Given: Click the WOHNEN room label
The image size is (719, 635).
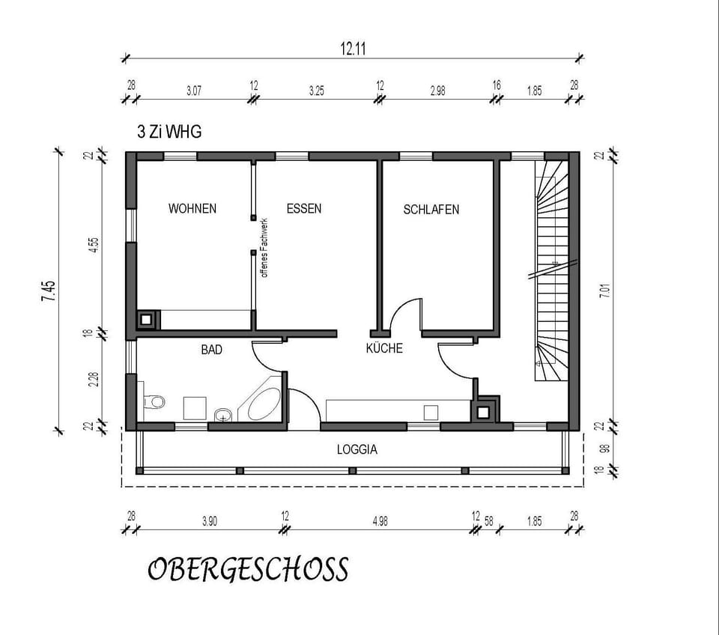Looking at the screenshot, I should click(192, 208).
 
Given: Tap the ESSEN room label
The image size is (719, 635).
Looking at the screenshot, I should click(303, 208).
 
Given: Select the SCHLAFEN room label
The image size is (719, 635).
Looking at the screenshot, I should click(431, 210).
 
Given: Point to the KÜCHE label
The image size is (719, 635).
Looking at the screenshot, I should click(384, 348).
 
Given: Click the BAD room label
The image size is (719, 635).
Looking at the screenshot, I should click(212, 349).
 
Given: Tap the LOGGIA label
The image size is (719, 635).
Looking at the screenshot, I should click(357, 450).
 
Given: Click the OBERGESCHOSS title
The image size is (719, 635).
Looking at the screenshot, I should click(247, 570).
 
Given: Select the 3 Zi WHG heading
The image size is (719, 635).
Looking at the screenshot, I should click(169, 132).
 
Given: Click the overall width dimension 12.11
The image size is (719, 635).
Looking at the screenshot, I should click(357, 49).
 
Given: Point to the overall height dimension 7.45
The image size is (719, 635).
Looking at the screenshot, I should click(49, 290).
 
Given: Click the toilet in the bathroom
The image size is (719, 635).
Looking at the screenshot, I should click(154, 402).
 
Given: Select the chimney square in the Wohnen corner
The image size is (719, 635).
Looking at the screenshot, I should click(147, 320).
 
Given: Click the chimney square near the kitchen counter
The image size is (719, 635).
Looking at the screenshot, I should click(484, 410).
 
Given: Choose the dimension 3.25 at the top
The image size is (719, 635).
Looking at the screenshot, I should click(317, 91).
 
